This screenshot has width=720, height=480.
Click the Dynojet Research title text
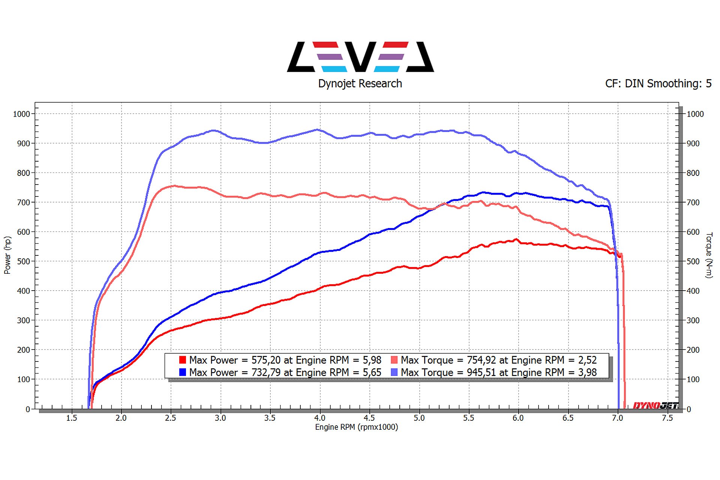pos(360,84)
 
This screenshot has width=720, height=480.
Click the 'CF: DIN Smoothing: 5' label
pos(658,84)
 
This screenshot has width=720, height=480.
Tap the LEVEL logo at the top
pos(360,57)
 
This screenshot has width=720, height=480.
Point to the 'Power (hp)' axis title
pos(7,255)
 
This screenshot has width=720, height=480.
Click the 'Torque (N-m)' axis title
pos(709,255)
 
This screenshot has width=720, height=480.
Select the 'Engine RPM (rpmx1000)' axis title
pos(356,427)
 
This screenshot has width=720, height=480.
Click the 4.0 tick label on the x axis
pos(320,418)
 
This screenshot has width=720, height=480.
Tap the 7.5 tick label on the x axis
pos(667,418)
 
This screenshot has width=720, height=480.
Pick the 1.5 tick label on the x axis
pos(72,418)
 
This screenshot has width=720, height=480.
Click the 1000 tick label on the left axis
pos(21,114)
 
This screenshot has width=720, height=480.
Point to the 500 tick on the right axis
pos(693,261)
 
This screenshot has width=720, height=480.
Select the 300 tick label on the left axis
pos(23,321)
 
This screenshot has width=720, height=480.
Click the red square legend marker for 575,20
pos(183,360)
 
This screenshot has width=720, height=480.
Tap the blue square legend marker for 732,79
pos(183,372)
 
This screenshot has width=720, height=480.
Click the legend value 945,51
pos(481,372)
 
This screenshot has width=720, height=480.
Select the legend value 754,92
pos(481,360)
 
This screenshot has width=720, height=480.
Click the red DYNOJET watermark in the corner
pos(655,405)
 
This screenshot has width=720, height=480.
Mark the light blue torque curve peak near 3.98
pos(318,130)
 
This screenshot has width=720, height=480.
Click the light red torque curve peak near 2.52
pos(173,186)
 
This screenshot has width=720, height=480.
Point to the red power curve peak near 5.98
pos(516,239)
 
